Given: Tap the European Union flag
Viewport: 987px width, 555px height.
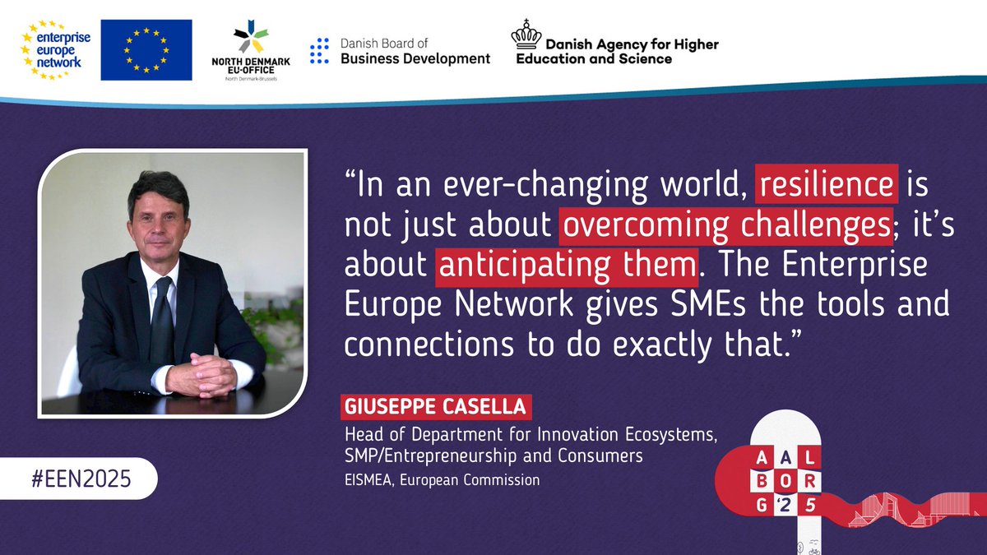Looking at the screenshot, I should click(x=146, y=50).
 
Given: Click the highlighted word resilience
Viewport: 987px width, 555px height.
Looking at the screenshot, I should click(x=827, y=187).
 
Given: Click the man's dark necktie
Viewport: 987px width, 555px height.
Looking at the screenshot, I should click(x=162, y=316).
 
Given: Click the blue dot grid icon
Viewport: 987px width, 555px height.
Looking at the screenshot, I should click(x=319, y=51).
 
